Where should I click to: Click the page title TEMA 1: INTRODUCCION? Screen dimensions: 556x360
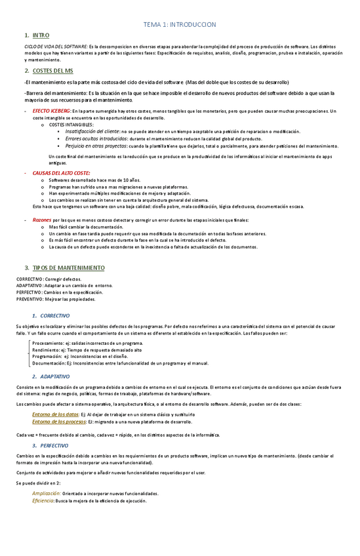click(x=180, y=24)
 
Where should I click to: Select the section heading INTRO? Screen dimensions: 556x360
click(x=41, y=35)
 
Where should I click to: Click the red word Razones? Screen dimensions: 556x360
click(x=43, y=220)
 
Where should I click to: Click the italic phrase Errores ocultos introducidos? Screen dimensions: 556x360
click(x=96, y=138)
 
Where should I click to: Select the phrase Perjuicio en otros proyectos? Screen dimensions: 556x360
click(x=97, y=146)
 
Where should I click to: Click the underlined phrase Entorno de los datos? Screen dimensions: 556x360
click(x=55, y=414)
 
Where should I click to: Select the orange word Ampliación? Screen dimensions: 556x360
click(x=47, y=493)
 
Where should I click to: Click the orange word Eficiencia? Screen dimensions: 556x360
click(x=43, y=500)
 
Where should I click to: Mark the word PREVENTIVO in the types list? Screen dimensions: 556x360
click(x=29, y=299)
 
